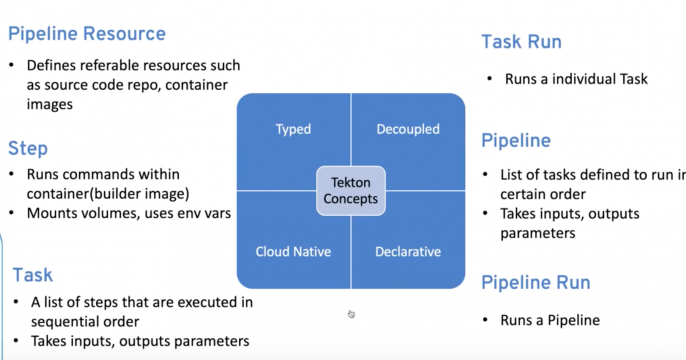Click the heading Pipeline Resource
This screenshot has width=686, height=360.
click(x=87, y=34)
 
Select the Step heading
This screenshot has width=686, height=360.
click(x=28, y=149)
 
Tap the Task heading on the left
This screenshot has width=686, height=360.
click(x=33, y=275)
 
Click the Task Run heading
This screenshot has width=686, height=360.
click(x=521, y=42)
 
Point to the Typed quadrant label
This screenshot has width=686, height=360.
click(x=293, y=129)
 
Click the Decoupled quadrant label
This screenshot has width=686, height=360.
click(x=407, y=129)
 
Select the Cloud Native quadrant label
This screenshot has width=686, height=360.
click(x=293, y=251)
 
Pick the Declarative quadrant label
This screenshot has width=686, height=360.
click(x=407, y=251)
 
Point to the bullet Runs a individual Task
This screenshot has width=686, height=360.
click(x=567, y=78)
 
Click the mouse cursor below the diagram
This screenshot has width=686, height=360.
click(x=351, y=314)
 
